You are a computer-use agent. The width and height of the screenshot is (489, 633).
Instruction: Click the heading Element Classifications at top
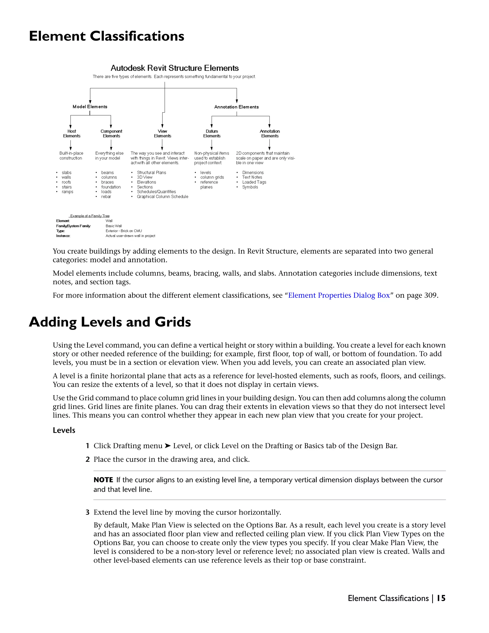(106, 37)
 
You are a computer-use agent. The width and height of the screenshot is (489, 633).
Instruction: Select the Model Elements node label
(90, 107)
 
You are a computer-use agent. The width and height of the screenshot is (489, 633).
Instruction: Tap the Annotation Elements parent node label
(236, 107)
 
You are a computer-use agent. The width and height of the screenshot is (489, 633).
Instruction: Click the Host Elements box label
(72, 134)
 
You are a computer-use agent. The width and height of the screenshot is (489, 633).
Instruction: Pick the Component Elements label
(111, 134)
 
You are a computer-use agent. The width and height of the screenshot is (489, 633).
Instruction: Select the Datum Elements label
(212, 134)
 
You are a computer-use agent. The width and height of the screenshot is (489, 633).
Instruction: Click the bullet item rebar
(106, 197)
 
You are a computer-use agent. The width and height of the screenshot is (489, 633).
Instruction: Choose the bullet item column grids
(212, 177)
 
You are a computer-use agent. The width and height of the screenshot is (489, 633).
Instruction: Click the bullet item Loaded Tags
(254, 182)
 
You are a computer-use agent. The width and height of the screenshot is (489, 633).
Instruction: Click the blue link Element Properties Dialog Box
(339, 295)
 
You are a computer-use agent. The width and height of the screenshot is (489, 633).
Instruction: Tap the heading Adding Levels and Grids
(110, 322)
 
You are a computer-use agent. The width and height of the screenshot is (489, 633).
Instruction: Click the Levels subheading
(64, 430)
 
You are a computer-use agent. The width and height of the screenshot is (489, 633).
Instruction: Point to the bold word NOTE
(103, 480)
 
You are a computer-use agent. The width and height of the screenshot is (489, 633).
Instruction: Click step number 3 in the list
(87, 512)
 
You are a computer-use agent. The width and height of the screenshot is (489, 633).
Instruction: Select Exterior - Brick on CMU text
(124, 231)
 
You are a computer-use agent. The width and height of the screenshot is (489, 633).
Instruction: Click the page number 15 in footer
(441, 598)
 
